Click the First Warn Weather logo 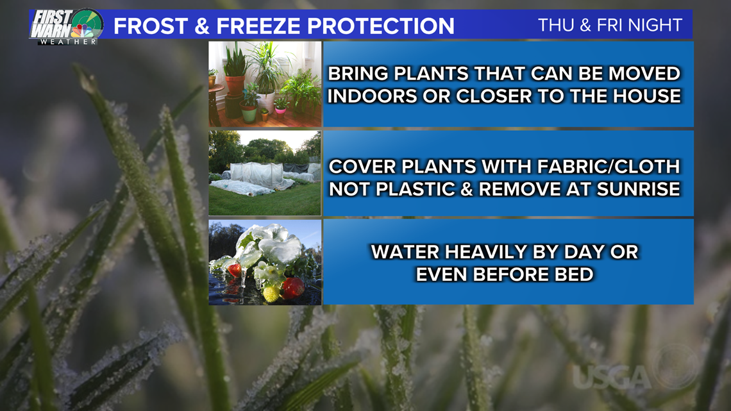click(66, 27)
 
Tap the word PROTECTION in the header click(380, 26)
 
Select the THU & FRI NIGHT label click(610, 25)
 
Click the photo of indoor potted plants click(265, 84)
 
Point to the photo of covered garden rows click(265, 173)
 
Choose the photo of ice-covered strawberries click(265, 262)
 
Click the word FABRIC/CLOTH click(609, 166)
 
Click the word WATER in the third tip click(405, 252)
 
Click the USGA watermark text click(610, 377)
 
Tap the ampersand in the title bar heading click(202, 26)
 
